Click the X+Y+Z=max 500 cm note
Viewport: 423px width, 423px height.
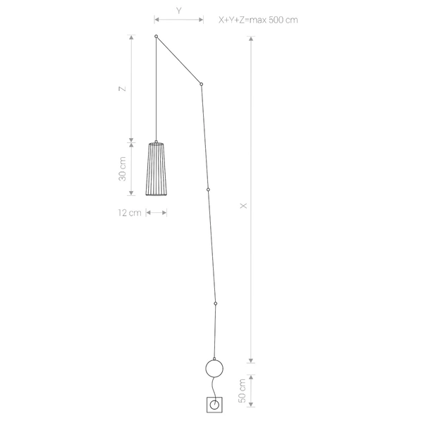pos(258,20)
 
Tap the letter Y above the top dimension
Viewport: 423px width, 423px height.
pos(179,11)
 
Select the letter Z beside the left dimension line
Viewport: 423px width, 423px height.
pos(123,89)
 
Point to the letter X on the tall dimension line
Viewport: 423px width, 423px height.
pos(243,206)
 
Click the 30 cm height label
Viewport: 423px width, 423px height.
pos(122,169)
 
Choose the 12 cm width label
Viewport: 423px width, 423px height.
pos(130,213)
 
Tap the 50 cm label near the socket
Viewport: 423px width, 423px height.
pos(243,391)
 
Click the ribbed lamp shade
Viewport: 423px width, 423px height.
pos(157,168)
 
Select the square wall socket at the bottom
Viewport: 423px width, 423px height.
pos(214,405)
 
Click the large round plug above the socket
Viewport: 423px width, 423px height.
pos(214,369)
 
